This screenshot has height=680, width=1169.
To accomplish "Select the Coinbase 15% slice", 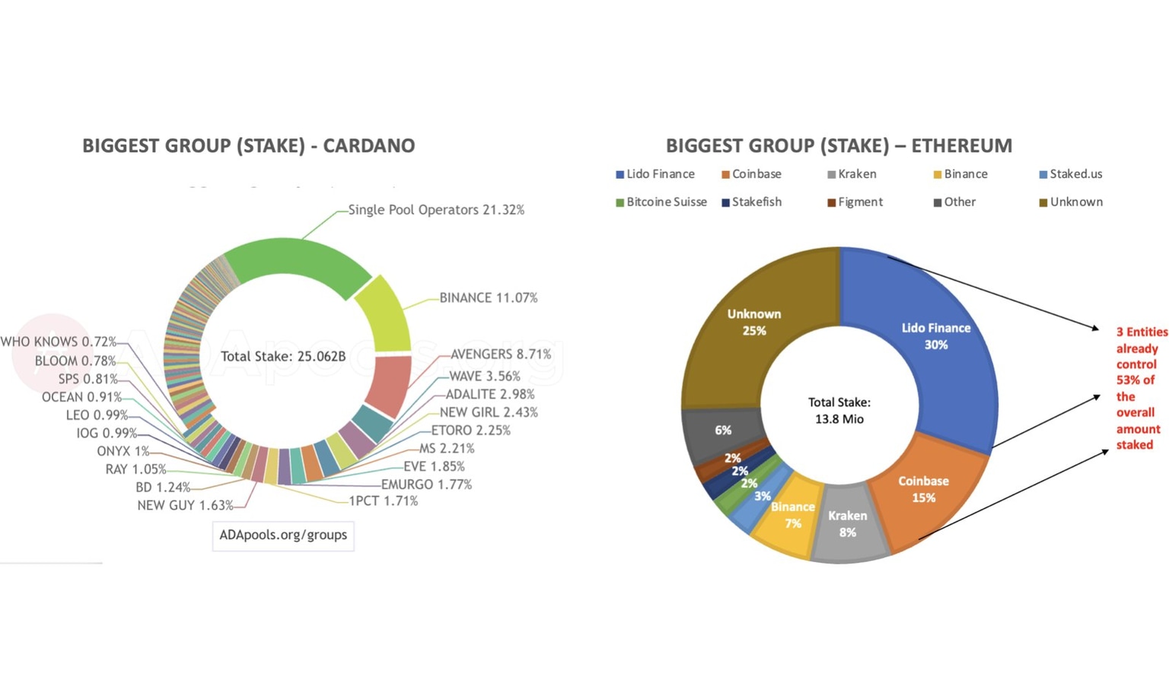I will tap(924, 490).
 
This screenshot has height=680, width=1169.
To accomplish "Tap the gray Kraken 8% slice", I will tap(848, 524).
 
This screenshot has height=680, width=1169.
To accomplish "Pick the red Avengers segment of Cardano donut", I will tap(388, 384).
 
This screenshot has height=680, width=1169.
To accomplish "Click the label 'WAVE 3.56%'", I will tap(484, 377).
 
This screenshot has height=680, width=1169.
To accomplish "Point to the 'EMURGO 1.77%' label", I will tap(426, 485).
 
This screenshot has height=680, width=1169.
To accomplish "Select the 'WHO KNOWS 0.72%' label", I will tap(59, 342).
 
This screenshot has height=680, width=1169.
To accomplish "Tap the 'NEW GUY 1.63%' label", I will tap(185, 506).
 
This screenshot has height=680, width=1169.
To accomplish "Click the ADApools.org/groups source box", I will tap(283, 535).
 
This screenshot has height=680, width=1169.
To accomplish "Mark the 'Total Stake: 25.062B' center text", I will tap(283, 357).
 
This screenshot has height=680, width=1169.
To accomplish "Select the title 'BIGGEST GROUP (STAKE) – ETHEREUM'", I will tap(839, 146).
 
